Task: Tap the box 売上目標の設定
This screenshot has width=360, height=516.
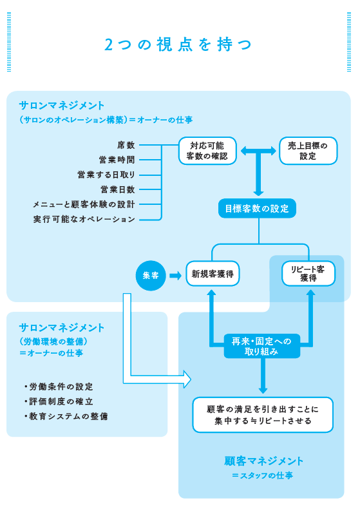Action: coord(307,151)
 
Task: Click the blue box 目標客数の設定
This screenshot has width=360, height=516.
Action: coord(257,208)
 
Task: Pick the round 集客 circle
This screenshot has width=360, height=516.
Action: coord(151,275)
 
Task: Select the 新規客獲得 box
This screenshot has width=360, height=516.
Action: coord(212,275)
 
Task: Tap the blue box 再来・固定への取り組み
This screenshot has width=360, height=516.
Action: coord(261,347)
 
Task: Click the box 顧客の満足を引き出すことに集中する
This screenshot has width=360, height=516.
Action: coord(263,415)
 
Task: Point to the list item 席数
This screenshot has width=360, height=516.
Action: coord(126,146)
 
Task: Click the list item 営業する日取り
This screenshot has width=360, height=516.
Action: coord(106,175)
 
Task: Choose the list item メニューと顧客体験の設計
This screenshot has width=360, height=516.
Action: coord(84,204)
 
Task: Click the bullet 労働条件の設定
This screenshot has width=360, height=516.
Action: coord(61,387)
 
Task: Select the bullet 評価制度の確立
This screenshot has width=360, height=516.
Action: coord(61,401)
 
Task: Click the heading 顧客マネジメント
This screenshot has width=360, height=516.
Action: coord(263,461)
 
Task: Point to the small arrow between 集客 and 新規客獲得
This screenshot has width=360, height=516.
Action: coord(175,275)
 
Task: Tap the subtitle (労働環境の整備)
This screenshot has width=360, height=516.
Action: coord(54,341)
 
